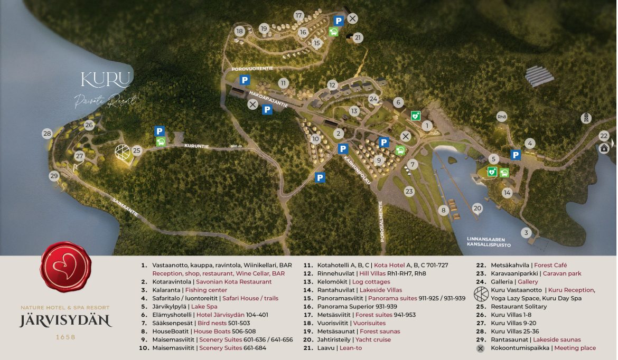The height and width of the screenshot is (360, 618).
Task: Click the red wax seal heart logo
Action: [65, 267]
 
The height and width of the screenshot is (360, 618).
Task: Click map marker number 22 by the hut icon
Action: [604, 136]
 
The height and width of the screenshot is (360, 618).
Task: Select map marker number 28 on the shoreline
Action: [48, 134]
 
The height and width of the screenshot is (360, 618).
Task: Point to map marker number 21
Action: [358, 37]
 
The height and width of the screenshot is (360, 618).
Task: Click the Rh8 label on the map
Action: [502, 117]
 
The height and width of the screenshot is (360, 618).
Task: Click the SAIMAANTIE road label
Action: [124, 206]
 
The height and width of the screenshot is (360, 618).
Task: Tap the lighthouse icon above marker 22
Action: [586, 118]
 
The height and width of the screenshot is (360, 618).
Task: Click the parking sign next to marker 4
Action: [516, 155]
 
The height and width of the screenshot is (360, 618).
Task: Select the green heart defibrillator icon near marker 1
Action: [416, 115]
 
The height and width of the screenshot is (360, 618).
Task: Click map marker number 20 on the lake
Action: [477, 209]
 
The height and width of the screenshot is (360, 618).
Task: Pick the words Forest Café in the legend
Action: [550, 265]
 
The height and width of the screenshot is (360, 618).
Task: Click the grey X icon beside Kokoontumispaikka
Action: [480, 348]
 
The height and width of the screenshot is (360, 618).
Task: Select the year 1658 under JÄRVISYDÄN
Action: [65, 337]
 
